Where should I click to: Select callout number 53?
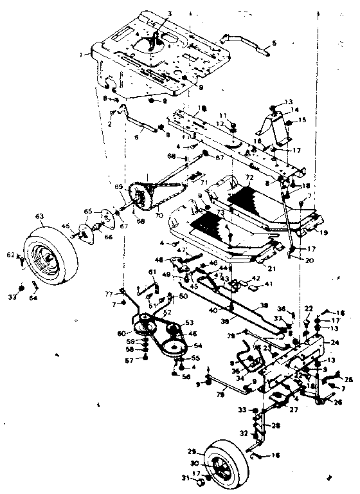click(189, 322)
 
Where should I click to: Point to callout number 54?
click(197, 346)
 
